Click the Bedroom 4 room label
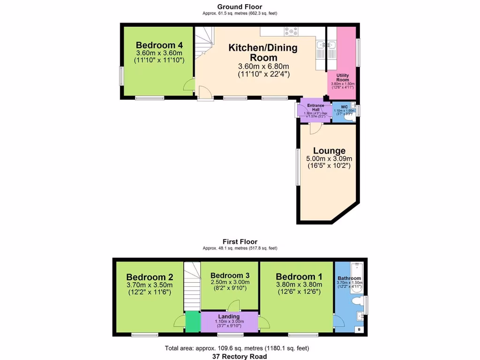click(x=159, y=45)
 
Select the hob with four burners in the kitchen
click(x=291, y=32)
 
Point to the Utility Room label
click(x=343, y=77)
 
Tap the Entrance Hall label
click(x=315, y=107)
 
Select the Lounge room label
click(x=329, y=151)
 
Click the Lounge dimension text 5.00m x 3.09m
click(x=329, y=158)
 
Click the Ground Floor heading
click(x=240, y=7)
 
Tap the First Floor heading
click(x=240, y=242)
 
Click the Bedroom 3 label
click(x=230, y=275)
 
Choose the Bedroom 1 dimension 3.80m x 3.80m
click(x=299, y=285)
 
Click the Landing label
click(x=229, y=316)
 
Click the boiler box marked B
click(x=359, y=330)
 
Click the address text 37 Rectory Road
click(x=240, y=356)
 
